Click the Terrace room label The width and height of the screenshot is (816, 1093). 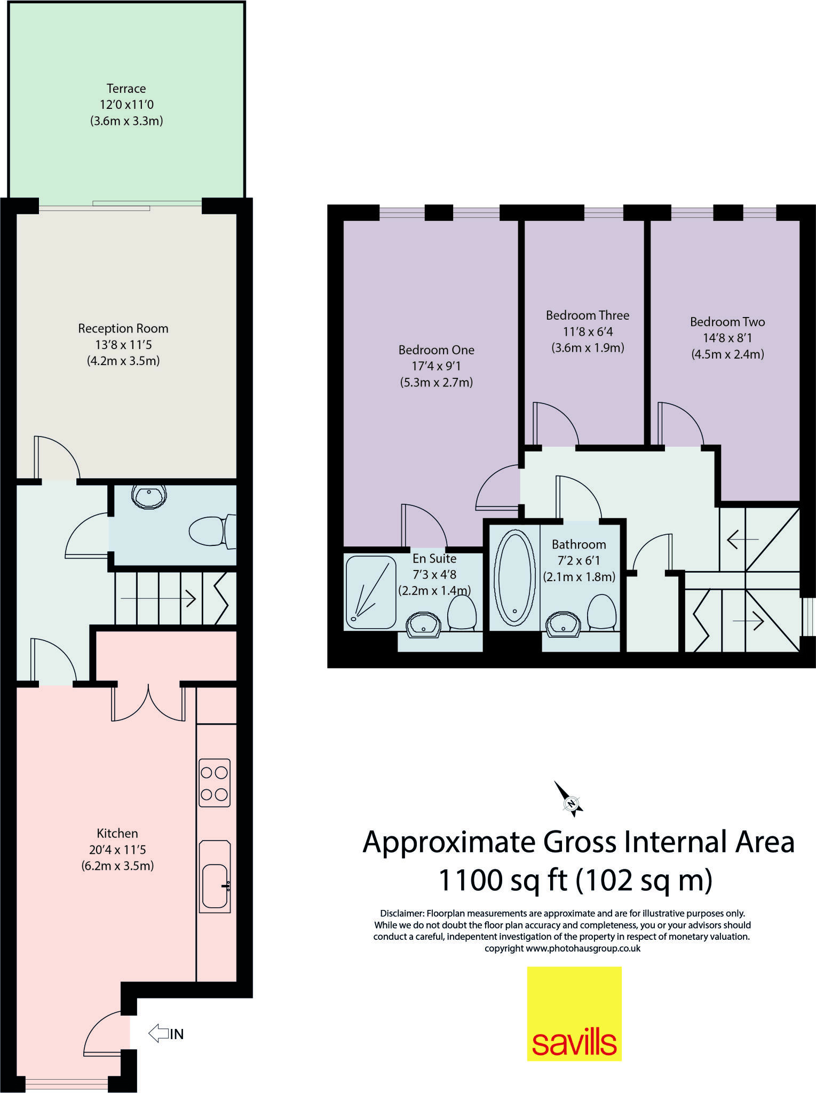pyautogui.click(x=126, y=89)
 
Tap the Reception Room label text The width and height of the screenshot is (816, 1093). pyautogui.click(x=123, y=328)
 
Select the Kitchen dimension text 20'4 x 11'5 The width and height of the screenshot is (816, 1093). pyautogui.click(x=117, y=850)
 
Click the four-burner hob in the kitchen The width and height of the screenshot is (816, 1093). pyautogui.click(x=215, y=783)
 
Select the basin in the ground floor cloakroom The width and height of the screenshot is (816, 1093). pyautogui.click(x=149, y=496)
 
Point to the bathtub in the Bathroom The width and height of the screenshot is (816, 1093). pyautogui.click(x=515, y=577)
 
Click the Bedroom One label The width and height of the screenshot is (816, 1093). pyautogui.click(x=437, y=350)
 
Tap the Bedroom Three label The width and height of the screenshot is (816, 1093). pyautogui.click(x=588, y=315)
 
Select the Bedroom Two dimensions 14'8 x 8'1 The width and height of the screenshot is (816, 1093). pyautogui.click(x=727, y=338)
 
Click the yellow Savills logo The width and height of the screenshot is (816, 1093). pyautogui.click(x=574, y=1013)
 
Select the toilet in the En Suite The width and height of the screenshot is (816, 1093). pyautogui.click(x=462, y=613)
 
